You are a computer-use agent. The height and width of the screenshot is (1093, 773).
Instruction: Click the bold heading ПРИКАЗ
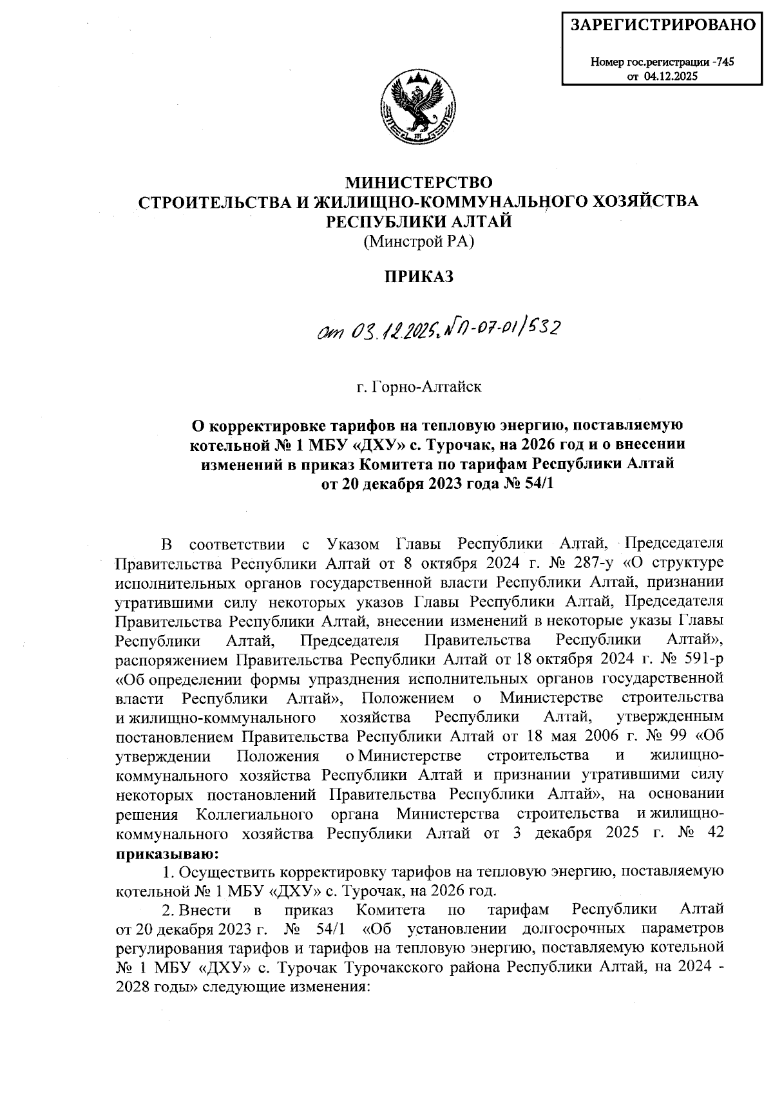click(419, 278)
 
